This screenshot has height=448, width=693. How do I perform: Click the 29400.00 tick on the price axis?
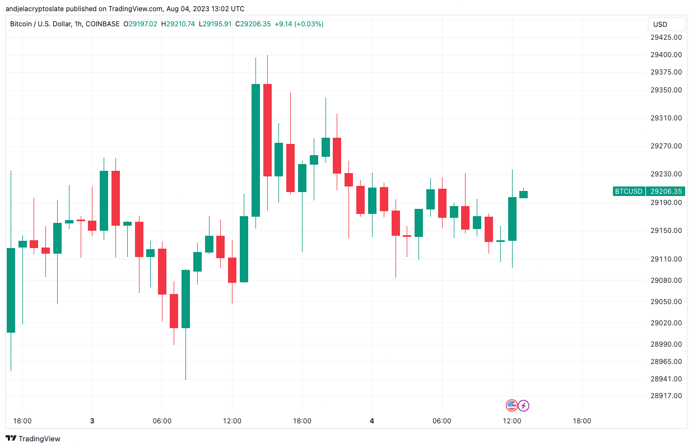point(666,55)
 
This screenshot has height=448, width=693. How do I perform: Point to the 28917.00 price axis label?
point(666,396)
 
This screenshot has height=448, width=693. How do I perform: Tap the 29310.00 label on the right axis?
point(666,118)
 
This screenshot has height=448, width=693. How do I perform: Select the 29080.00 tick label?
point(666,281)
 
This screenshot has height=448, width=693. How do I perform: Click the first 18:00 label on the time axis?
point(22,421)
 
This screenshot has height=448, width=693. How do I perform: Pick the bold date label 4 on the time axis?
point(372,421)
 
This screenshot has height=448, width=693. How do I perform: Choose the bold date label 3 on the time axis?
point(92,421)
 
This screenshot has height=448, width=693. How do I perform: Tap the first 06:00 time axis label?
point(162,421)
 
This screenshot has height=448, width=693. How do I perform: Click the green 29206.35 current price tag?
point(666,192)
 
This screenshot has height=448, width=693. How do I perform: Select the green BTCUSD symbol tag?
point(629,192)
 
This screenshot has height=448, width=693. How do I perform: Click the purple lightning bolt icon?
point(523,405)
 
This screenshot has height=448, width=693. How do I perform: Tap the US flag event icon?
point(511,405)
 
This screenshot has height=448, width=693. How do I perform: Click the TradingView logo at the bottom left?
point(33,438)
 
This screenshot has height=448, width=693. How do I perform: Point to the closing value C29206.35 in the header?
point(253,24)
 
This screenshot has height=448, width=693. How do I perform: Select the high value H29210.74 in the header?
point(178,24)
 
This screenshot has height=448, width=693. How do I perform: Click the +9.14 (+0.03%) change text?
point(299,24)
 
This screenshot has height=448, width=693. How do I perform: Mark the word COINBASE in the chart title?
point(104,24)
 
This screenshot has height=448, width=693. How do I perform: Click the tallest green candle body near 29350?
point(255,150)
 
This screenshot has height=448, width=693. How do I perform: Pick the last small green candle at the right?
point(523,194)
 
